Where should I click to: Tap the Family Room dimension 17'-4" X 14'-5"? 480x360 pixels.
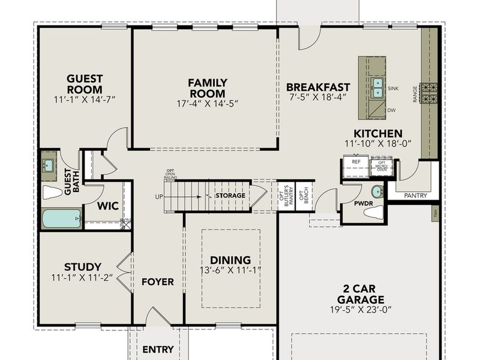pos(206,103)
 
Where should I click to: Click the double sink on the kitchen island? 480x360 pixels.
pos(377,88)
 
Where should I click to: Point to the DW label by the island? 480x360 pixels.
pos(392,110)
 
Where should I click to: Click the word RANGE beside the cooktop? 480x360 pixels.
pos(415,94)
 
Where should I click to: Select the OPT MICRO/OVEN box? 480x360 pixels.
pos(382,166)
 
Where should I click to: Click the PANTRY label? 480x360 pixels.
pos(415,195)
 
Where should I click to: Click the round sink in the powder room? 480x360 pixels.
pos(377,192)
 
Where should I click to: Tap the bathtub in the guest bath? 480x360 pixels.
pos(62,218)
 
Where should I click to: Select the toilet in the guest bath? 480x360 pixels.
pos(53,193)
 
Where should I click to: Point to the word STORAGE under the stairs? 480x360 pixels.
pos(230,196)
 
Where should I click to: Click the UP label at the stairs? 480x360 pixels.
pos(158,196)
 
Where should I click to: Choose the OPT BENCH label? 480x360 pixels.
pos(305,196)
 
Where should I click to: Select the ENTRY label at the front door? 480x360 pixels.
pos(158,349)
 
